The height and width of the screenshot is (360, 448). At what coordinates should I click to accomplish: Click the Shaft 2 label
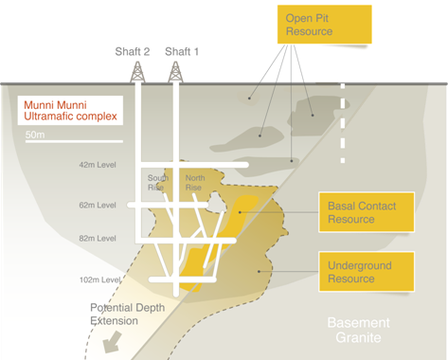133,51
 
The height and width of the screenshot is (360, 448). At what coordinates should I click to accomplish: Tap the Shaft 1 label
182,51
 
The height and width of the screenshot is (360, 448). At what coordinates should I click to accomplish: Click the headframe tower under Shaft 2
137,72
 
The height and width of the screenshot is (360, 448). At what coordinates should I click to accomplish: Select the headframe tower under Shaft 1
175,72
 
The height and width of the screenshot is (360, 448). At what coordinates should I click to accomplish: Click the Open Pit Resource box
325,25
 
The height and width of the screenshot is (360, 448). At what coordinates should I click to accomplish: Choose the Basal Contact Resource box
367,212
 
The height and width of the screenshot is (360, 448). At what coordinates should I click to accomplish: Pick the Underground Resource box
367,272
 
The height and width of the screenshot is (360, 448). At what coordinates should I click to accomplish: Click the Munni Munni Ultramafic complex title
70,111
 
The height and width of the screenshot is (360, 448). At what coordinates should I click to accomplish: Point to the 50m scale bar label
35,135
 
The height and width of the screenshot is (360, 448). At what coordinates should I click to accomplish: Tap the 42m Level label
98,165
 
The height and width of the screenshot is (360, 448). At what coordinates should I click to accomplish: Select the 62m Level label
98,206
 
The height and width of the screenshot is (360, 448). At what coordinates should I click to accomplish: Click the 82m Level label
98,239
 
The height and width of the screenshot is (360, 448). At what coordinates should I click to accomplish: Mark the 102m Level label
99,279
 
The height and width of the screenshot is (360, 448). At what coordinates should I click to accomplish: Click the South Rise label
158,183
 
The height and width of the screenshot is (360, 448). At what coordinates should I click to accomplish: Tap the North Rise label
195,183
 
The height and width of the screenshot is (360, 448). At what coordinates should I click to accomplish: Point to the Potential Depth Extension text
127,315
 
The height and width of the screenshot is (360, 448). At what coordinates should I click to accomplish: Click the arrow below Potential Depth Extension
113,342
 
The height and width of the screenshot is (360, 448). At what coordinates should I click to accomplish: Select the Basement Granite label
358,330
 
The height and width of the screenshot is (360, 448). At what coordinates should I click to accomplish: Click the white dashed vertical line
343,123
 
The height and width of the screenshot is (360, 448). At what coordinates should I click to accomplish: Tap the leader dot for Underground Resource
259,271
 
